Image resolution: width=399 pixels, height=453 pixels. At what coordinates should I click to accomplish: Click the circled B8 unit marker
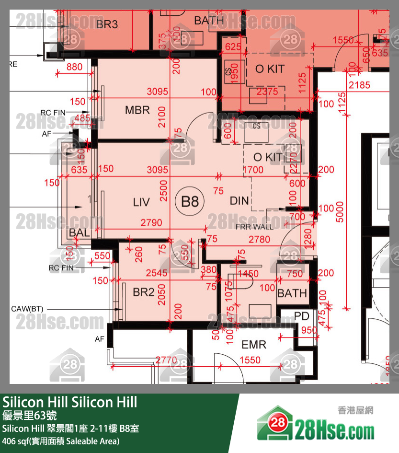tap(190, 201)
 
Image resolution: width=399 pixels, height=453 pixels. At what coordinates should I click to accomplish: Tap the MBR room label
tap(137, 110)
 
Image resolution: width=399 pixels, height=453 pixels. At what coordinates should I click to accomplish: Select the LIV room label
tap(141, 202)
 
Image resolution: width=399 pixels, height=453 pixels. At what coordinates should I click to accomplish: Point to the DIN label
tap(239, 201)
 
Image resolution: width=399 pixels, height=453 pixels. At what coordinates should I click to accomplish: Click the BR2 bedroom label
tap(144, 291)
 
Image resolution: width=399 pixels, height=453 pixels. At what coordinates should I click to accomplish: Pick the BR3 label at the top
tap(107, 24)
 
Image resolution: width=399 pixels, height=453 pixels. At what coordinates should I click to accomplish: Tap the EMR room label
tap(254, 345)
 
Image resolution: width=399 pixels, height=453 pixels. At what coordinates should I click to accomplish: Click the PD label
tap(301, 317)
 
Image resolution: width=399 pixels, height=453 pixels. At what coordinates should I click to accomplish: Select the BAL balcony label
tap(79, 232)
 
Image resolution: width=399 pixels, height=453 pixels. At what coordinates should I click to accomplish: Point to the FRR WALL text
tap(254, 226)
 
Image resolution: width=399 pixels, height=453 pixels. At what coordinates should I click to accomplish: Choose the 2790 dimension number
tap(151, 223)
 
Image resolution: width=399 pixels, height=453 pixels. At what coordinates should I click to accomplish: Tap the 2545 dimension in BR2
tap(157, 273)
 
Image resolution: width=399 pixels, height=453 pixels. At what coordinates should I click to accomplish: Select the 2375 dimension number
tap(267, 91)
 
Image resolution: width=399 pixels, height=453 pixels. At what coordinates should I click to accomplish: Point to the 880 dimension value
tap(75, 67)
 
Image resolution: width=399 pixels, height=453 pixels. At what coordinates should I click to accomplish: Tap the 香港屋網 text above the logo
tap(355, 410)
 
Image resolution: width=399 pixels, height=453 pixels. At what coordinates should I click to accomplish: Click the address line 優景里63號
tap(30, 415)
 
